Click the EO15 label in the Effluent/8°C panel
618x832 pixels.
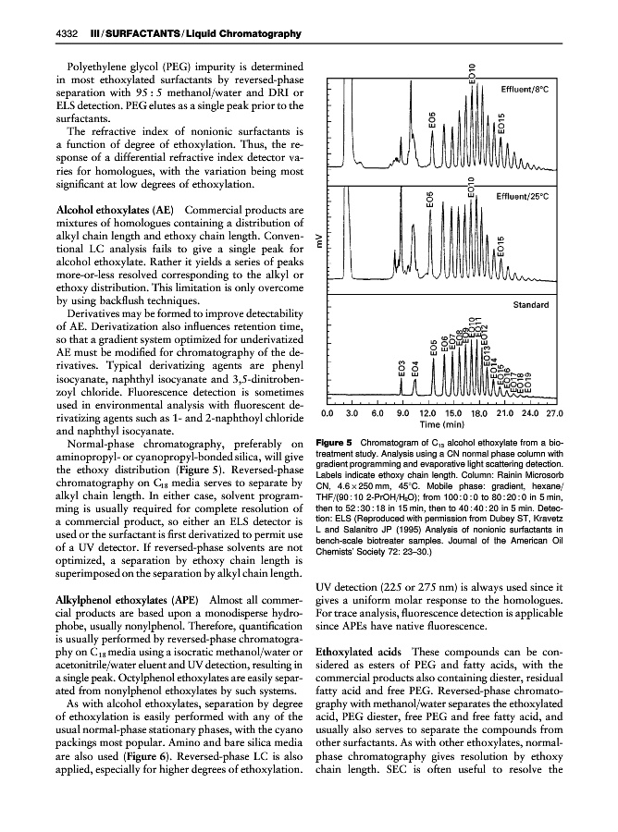tap(501, 127)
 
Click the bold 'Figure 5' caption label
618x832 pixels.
tap(333, 442)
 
